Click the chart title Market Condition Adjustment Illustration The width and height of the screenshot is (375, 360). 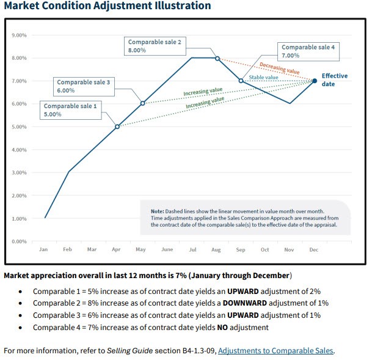[x=107, y=6]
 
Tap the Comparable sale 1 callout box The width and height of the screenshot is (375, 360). [x=70, y=110]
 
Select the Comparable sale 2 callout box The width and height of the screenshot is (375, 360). [x=154, y=46]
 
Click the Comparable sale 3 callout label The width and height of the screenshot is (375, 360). [x=83, y=86]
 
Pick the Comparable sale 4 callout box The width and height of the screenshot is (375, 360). [x=308, y=51]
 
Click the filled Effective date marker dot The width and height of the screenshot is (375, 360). [x=315, y=81]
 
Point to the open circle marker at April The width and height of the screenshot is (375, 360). [x=117, y=127]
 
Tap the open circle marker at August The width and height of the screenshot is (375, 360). [x=217, y=58]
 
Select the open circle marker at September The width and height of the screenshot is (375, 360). [x=241, y=81]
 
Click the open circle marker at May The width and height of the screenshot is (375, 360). [x=142, y=103]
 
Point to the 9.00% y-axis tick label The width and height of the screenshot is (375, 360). [x=19, y=35]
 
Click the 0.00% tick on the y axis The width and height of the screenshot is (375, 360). [x=19, y=241]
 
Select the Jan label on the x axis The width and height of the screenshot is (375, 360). [x=43, y=249]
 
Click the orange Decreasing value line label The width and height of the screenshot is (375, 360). [x=279, y=67]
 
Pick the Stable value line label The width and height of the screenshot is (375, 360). [x=263, y=78]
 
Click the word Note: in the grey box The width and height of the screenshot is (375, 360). [x=157, y=211]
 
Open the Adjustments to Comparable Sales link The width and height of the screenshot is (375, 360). [x=276, y=351]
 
